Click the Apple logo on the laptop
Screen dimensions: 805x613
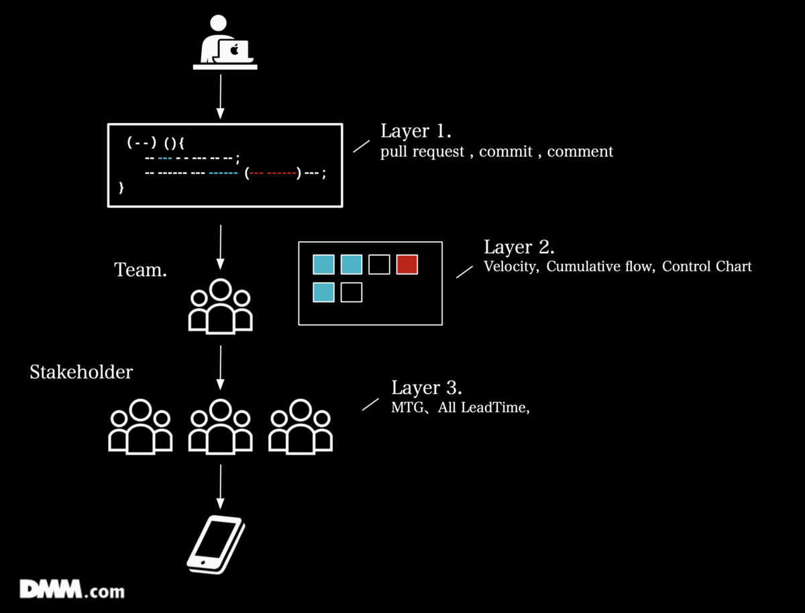(234, 49)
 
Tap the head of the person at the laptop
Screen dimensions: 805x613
(218, 23)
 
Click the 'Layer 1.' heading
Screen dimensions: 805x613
(416, 131)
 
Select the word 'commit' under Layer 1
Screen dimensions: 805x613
(505, 152)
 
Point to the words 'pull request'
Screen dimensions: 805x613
(422, 152)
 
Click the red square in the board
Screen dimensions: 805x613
(407, 265)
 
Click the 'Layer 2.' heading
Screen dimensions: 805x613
(519, 247)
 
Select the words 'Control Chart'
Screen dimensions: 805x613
(706, 267)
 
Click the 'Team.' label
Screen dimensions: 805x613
(140, 270)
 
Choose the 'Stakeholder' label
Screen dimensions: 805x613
(81, 372)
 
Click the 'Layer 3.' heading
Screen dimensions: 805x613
(427, 388)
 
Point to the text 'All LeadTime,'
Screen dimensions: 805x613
(484, 408)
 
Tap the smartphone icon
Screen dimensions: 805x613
(216, 545)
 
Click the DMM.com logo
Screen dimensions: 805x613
(72, 589)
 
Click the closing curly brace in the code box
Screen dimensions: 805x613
(121, 187)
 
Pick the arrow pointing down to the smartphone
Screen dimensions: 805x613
(221, 487)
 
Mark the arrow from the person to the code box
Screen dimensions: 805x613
(221, 97)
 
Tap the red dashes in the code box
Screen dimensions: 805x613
(273, 173)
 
